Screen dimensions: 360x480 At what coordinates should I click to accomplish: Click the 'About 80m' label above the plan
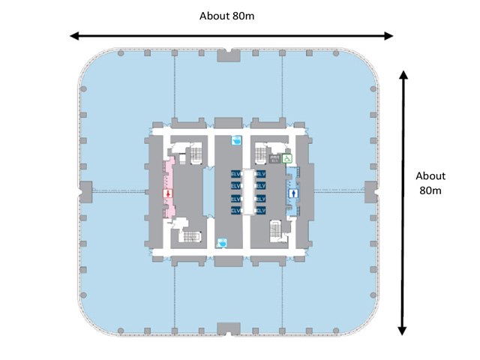[230, 16]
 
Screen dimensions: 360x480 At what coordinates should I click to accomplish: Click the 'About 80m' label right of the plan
[431, 183]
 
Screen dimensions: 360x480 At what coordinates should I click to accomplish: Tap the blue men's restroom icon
[292, 192]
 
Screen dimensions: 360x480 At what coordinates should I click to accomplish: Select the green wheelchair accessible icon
[286, 158]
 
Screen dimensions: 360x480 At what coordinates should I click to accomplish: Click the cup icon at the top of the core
[237, 139]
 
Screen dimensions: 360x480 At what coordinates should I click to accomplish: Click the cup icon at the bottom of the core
[222, 242]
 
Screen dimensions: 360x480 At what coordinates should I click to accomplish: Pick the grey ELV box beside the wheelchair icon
[274, 158]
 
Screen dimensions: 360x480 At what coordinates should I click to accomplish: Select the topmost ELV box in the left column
[236, 175]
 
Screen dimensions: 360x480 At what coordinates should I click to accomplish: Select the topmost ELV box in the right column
[260, 175]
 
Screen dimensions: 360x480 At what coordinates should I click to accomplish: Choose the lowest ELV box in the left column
[236, 211]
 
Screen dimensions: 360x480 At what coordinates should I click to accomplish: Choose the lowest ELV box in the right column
[260, 211]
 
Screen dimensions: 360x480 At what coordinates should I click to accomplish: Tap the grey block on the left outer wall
[85, 190]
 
